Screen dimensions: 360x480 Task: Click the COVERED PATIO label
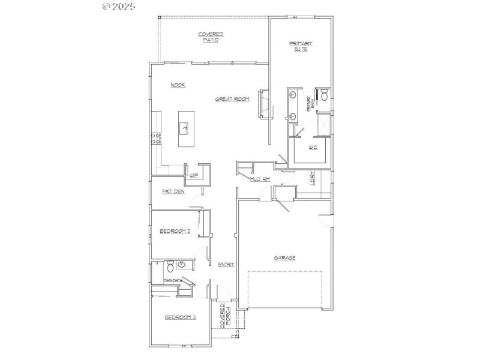[211, 37]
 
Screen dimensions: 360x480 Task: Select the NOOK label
[178, 85]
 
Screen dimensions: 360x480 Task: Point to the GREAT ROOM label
[232, 99]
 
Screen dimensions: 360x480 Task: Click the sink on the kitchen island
[184, 127]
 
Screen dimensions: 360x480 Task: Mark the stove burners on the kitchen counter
[156, 139]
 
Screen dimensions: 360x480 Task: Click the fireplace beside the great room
[262, 105]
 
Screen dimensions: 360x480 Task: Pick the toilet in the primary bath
[323, 94]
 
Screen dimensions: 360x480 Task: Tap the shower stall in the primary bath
[323, 124]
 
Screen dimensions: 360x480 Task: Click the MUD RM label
[260, 179]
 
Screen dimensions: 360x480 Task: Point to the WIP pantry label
[194, 176]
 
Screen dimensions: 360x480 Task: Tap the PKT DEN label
[173, 192]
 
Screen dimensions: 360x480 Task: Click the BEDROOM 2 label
[175, 231]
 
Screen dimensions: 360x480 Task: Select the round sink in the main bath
[181, 264]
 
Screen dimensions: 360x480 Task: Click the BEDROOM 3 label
[181, 317]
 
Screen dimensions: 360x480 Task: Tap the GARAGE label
[284, 258]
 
